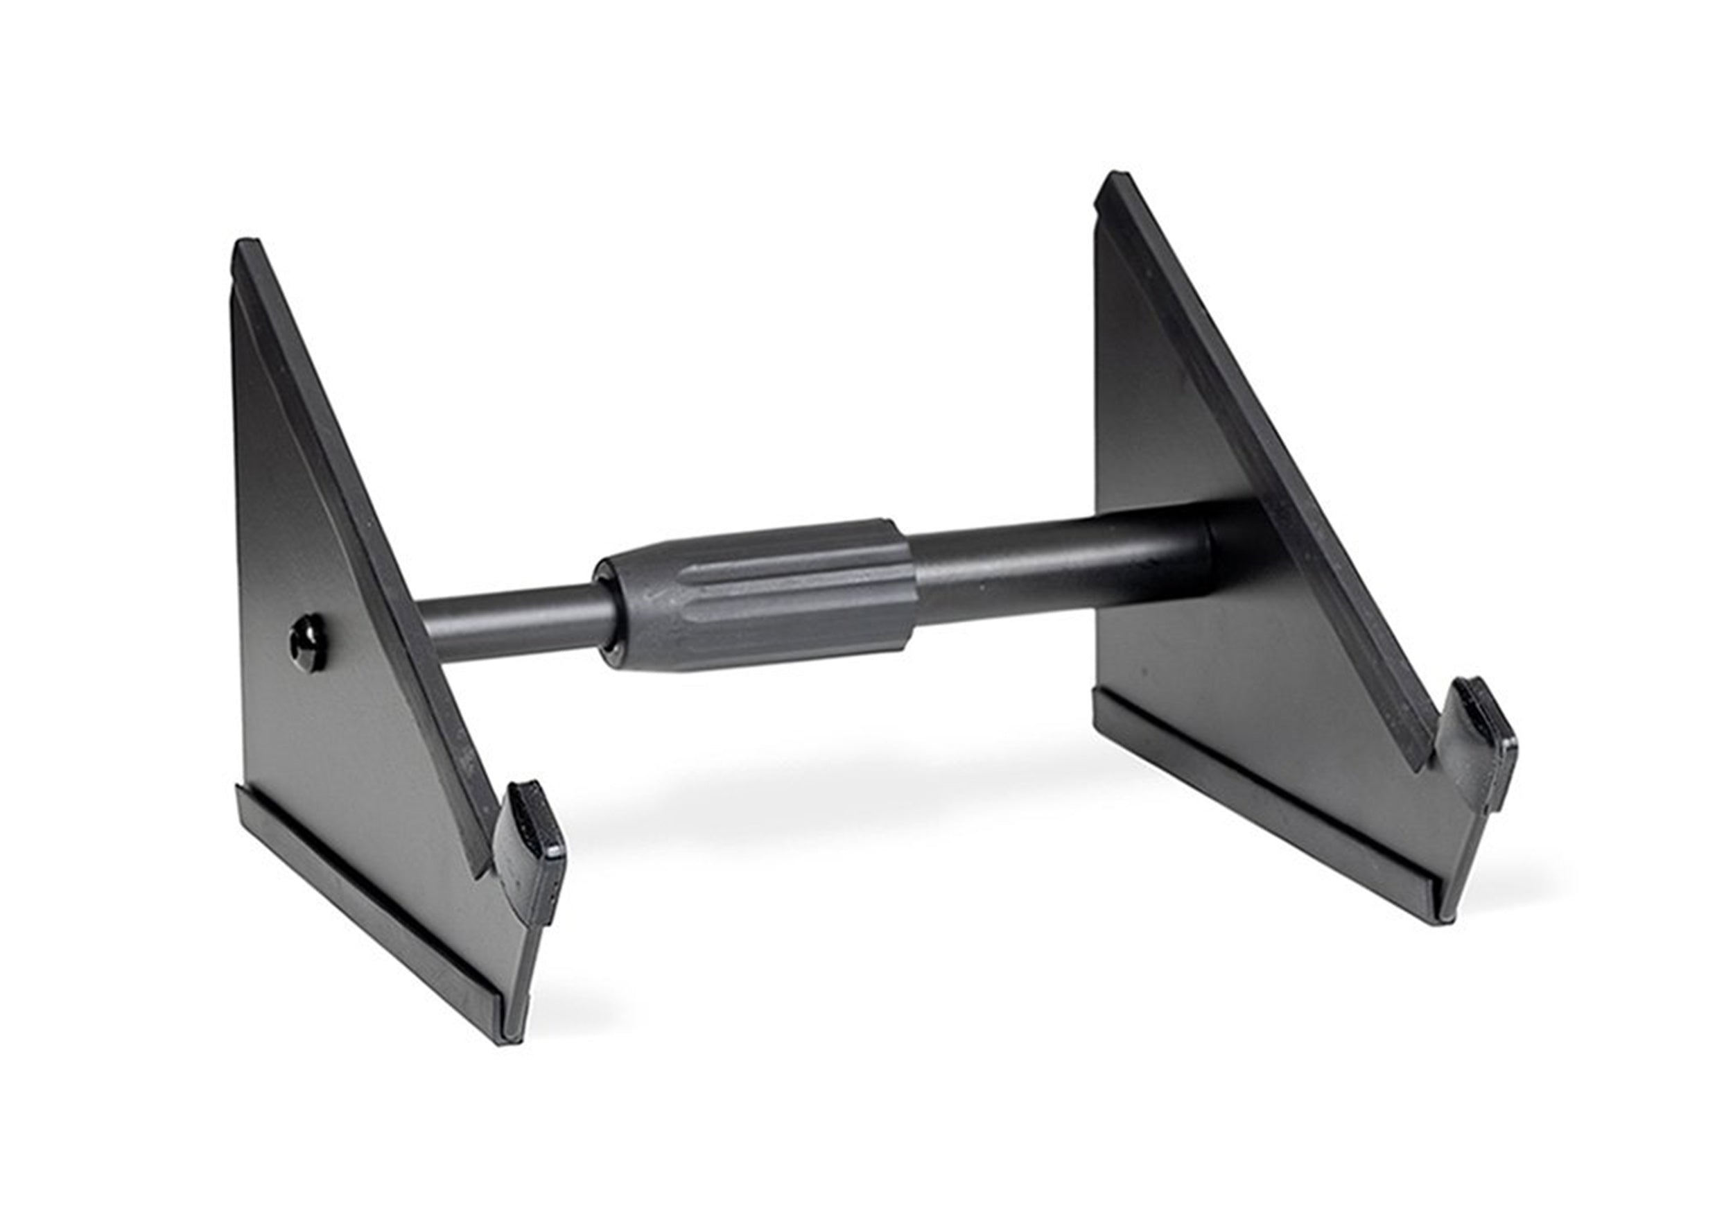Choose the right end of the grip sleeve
tap(906, 581)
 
